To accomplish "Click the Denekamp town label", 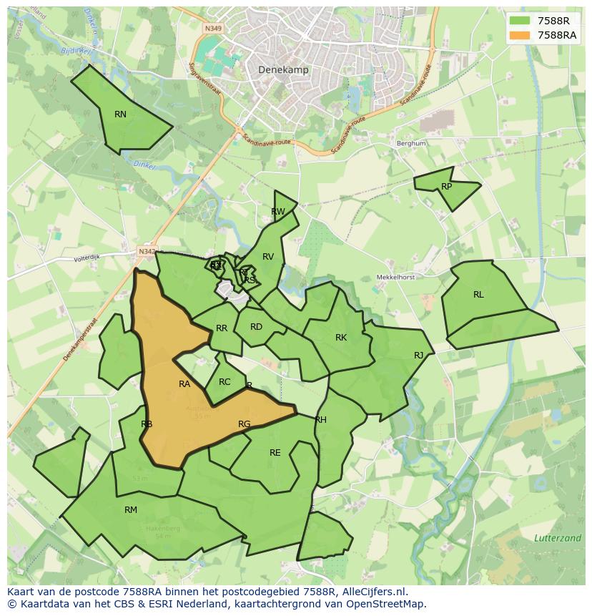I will click(282, 69).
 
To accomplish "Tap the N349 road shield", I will click(213, 29).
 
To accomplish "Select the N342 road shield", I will click(147, 251).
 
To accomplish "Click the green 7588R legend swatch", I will click(520, 21).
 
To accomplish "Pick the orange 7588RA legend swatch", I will click(520, 35).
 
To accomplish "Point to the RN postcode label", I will click(120, 114).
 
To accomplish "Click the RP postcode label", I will click(446, 187).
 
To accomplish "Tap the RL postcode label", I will click(478, 294).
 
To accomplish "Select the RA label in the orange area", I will click(184, 384).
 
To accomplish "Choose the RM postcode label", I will click(131, 510).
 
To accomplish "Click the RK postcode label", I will click(341, 338).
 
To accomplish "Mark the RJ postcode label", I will click(418, 356).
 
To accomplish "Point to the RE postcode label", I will click(275, 453).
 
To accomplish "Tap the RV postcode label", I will click(268, 257).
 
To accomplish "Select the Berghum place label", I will click(411, 143).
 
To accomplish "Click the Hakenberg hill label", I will click(163, 529).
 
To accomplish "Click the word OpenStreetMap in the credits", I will click(390, 604).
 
